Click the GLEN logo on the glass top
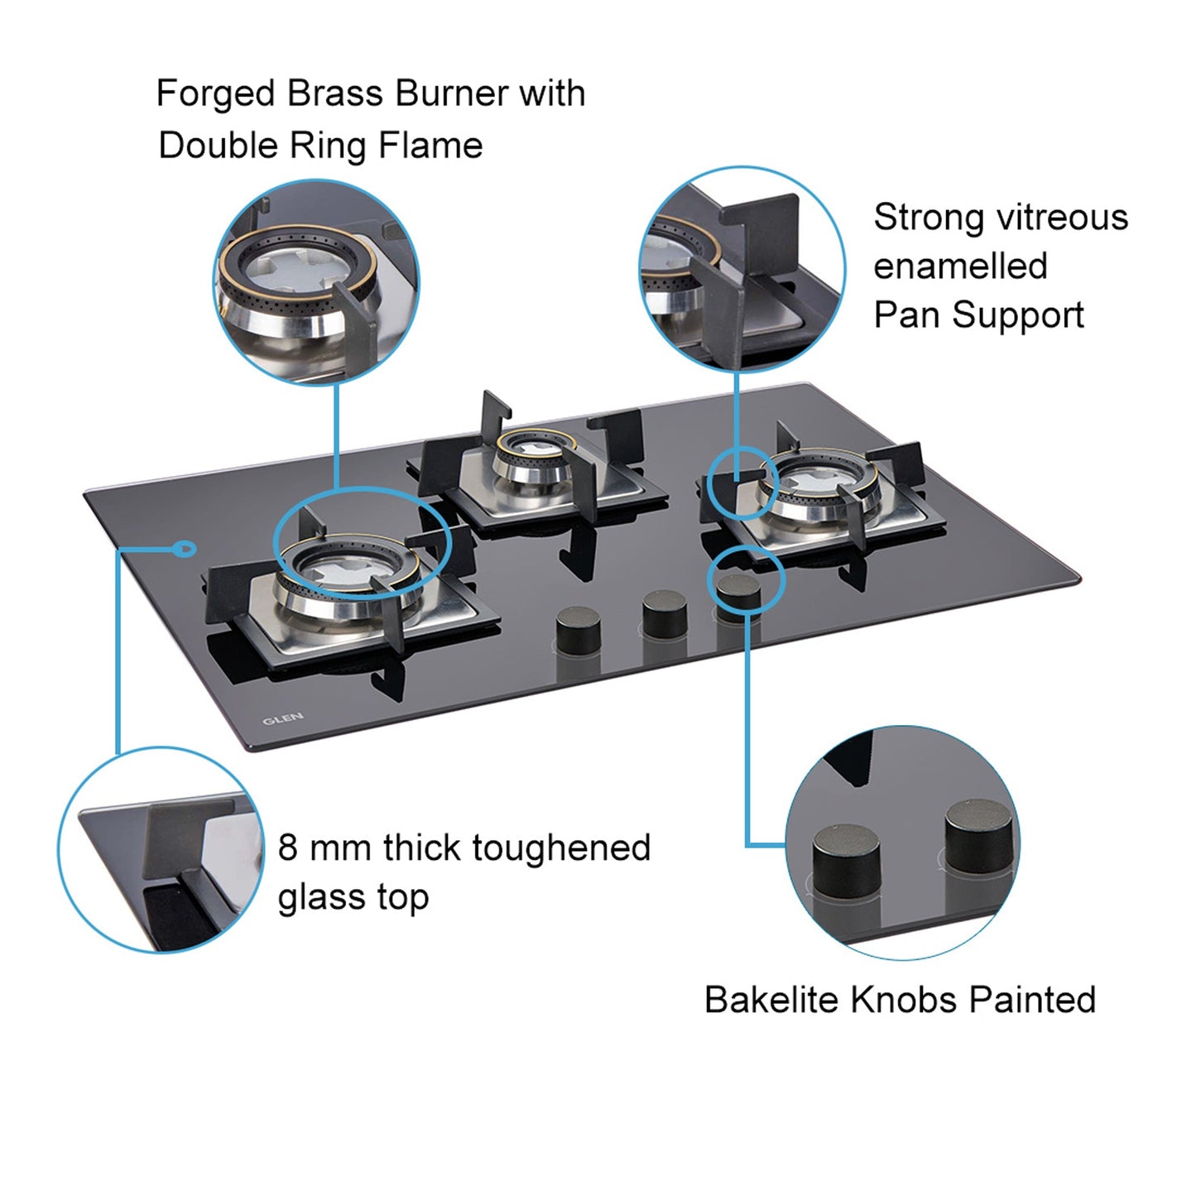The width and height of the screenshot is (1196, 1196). [x=283, y=718]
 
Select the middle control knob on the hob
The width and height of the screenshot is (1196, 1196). [x=664, y=613]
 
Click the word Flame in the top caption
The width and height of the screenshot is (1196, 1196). [x=430, y=146]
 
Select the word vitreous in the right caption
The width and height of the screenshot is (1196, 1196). [x=1062, y=218]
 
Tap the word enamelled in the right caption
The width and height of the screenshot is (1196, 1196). [x=960, y=267]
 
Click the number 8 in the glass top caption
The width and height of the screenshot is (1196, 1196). [x=287, y=848]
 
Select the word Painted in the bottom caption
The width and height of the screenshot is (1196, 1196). [x=1032, y=1000]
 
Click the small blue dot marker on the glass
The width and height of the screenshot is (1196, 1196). [x=187, y=548]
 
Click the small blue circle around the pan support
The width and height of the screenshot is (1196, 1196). [x=743, y=483]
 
